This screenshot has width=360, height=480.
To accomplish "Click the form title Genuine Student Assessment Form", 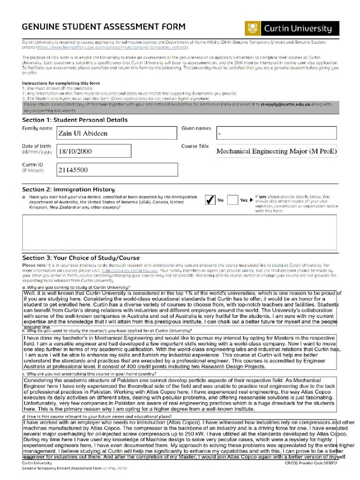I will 104,27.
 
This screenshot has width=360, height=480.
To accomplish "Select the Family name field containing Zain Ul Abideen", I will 117,133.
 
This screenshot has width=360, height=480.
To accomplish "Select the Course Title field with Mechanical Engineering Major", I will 276,151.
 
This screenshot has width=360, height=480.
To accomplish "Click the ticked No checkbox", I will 210,200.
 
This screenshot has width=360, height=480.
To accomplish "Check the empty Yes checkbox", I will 232,200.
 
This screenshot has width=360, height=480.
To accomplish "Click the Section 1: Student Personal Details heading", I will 75,120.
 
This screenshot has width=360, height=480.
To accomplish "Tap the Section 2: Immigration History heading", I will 68,189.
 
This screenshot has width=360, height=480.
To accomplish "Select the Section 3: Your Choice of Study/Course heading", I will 81,258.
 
